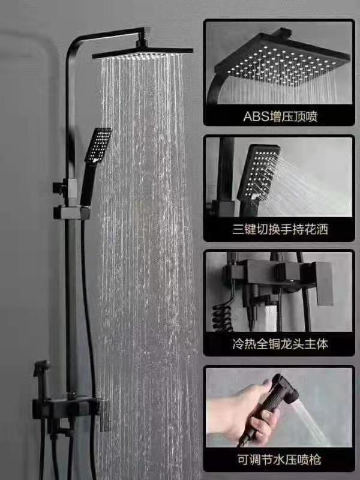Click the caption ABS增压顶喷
pyautogui.click(x=280, y=116)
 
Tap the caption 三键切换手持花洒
pyautogui.click(x=280, y=229)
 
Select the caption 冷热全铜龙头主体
pyautogui.click(x=280, y=344)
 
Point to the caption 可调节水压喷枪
pyautogui.click(x=280, y=460)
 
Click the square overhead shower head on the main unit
pyautogui.click(x=143, y=52)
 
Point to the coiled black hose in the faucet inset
pyautogui.click(x=223, y=316)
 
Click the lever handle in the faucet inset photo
pyautogui.click(x=324, y=283)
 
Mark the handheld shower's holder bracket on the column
pyautogui.click(x=72, y=212)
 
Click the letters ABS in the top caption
pyautogui.click(x=257, y=116)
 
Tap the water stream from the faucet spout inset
pyautogui.click(x=271, y=319)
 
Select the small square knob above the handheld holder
pyautogui.click(x=58, y=187)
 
